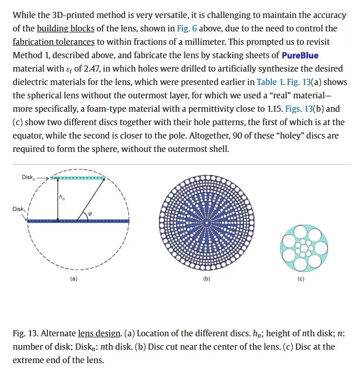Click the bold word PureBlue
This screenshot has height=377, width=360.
click(300, 55)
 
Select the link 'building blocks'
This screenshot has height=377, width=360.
click(61, 28)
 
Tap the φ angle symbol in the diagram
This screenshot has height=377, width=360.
click(91, 214)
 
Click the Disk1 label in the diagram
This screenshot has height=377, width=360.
click(19, 209)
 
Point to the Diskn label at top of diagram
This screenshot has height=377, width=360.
click(28, 177)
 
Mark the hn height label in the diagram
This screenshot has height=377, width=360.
click(62, 197)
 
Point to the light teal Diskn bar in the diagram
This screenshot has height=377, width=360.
click(79, 178)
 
